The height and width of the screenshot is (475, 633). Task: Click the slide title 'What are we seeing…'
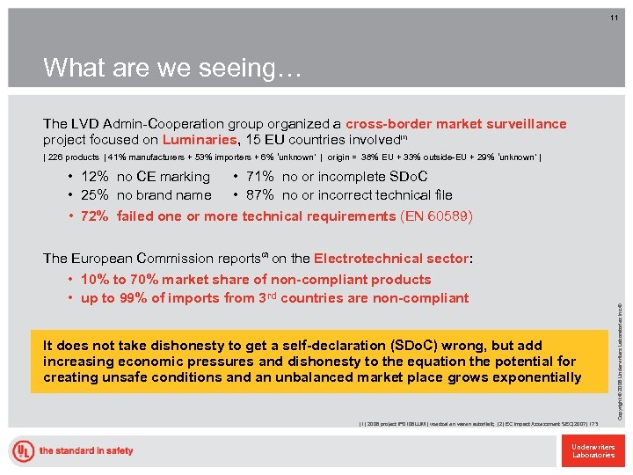[171, 68]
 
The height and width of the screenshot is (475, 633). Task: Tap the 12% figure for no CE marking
[94, 178]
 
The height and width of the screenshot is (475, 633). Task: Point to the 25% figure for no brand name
[94, 195]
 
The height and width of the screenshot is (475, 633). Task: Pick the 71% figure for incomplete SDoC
[260, 178]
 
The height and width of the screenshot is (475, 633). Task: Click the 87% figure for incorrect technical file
[260, 195]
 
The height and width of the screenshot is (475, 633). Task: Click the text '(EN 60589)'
[436, 216]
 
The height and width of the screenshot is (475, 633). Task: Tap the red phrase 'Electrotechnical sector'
[392, 259]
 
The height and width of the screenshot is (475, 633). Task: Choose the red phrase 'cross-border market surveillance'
[456, 124]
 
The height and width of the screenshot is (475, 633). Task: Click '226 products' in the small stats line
[73, 158]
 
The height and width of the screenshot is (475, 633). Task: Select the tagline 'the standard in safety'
[85, 450]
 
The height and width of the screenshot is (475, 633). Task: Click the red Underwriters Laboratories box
[593, 450]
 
